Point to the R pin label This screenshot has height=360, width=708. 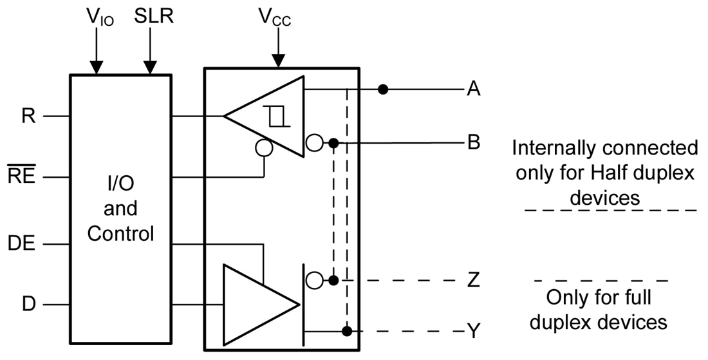click(x=28, y=117)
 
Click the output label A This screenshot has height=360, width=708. click(x=474, y=89)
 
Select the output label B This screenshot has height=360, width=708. click(x=474, y=142)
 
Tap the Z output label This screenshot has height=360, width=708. click(x=474, y=281)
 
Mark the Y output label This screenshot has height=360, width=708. click(x=474, y=332)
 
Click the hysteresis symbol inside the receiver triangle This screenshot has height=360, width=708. click(x=277, y=117)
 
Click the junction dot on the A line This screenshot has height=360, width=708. click(x=383, y=89)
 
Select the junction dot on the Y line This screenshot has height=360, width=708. click(x=347, y=332)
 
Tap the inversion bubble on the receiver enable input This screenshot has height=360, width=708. click(x=264, y=148)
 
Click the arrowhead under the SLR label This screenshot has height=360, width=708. click(x=150, y=67)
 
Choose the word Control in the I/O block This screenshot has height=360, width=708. click(x=121, y=233)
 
